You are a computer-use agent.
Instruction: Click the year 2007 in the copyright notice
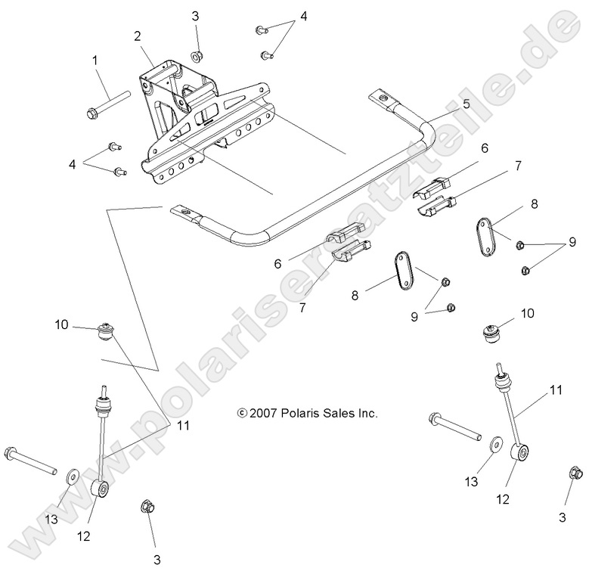(262, 413)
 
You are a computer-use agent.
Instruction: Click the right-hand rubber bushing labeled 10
(494, 333)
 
